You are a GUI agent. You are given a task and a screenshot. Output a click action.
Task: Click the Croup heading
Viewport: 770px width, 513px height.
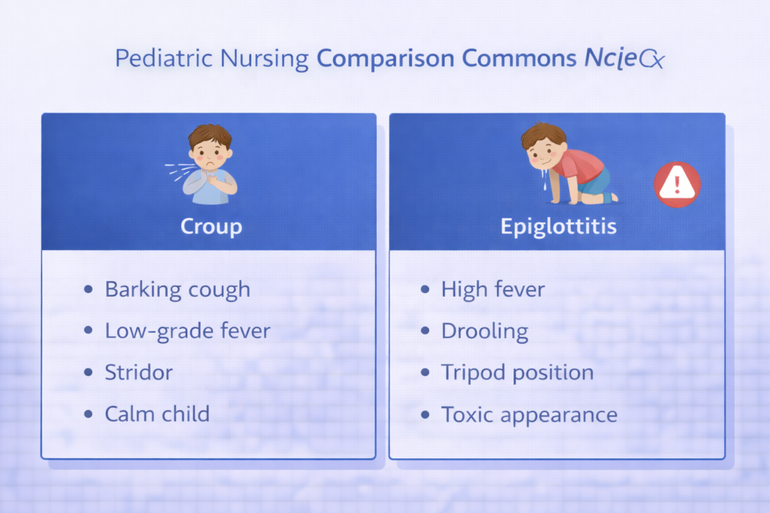pyautogui.click(x=211, y=226)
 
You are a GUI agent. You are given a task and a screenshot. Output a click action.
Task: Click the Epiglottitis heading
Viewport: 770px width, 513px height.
pyautogui.click(x=558, y=226)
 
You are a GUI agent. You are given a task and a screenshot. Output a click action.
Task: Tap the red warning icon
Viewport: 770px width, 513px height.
pyautogui.click(x=677, y=185)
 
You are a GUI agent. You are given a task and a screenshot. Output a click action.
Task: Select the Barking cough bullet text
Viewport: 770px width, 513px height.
pyautogui.click(x=177, y=289)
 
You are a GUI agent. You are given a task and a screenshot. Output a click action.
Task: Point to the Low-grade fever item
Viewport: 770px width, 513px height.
pyautogui.click(x=187, y=330)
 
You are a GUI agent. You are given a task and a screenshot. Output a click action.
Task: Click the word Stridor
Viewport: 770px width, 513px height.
pyautogui.click(x=139, y=372)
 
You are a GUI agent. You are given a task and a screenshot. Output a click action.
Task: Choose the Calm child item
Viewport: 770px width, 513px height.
pyautogui.click(x=157, y=413)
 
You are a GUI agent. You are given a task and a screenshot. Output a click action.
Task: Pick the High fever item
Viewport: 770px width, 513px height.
pyautogui.click(x=493, y=289)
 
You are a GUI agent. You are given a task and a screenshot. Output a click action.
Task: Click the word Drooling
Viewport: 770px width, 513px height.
pyautogui.click(x=485, y=330)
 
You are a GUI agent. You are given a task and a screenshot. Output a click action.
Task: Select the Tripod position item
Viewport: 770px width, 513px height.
pyautogui.click(x=517, y=372)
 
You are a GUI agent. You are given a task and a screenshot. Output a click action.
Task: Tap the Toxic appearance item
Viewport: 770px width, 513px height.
pyautogui.click(x=529, y=414)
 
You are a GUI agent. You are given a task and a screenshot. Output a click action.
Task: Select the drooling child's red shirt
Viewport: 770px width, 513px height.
pyautogui.click(x=581, y=166)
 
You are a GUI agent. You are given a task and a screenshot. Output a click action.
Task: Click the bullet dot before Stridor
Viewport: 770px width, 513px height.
pyautogui.click(x=89, y=373)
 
